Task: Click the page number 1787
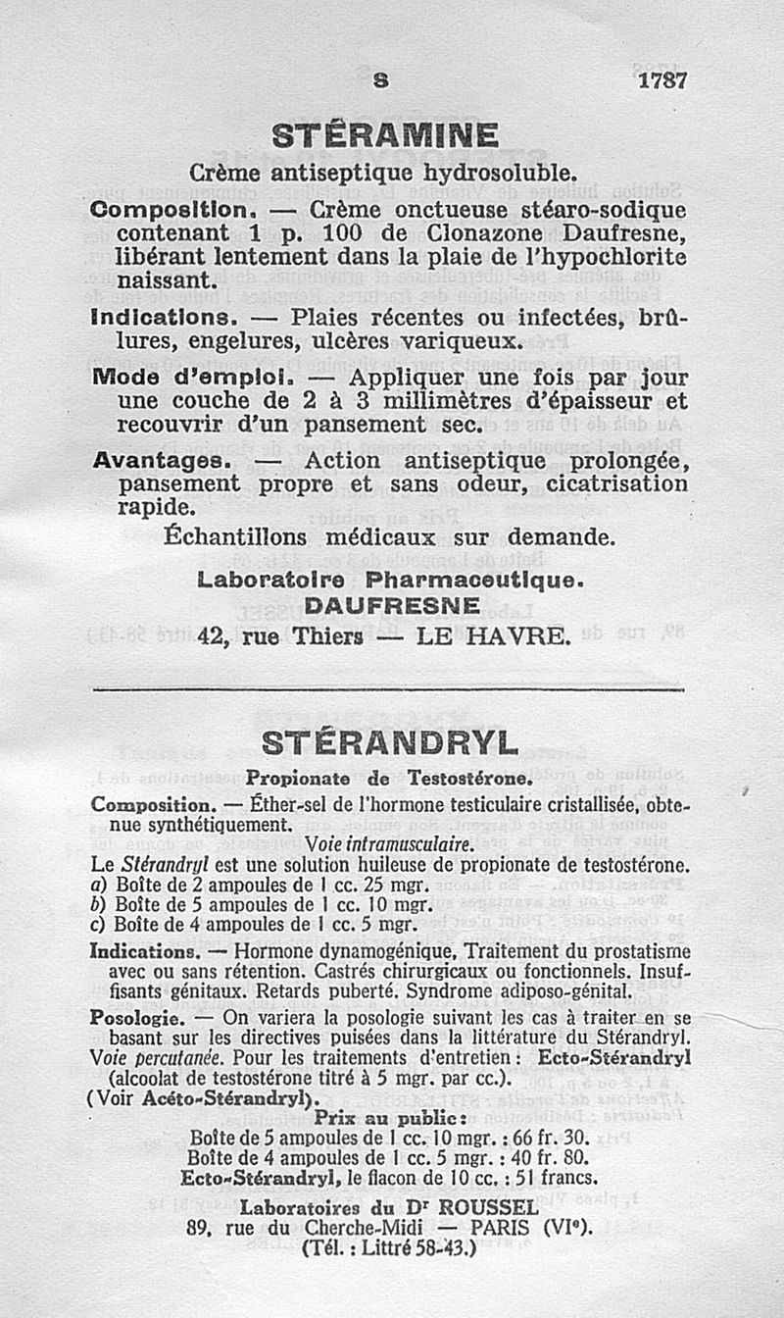pos(662,81)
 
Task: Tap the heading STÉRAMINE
pos(385,134)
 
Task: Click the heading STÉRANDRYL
pos(390,743)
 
